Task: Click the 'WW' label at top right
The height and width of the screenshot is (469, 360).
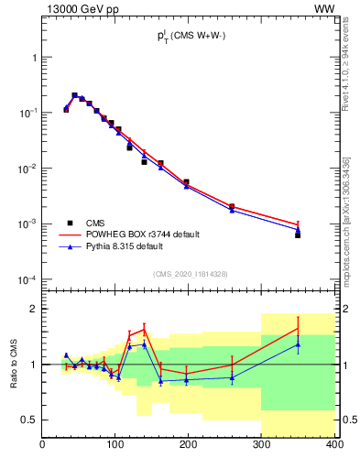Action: [x=325, y=8]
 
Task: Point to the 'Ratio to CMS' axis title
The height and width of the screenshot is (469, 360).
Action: [x=15, y=363]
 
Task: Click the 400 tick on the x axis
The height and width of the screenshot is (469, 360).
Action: [x=334, y=446]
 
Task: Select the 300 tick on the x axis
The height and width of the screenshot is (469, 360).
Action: [x=262, y=446]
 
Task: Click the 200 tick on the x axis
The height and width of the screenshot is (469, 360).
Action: [x=189, y=446]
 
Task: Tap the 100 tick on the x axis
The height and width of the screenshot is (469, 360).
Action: [x=115, y=446]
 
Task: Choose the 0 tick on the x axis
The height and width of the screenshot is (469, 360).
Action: [x=43, y=446]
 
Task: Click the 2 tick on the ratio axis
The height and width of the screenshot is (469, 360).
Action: [x=34, y=309]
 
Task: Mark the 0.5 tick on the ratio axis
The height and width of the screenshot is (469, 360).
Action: [x=31, y=420]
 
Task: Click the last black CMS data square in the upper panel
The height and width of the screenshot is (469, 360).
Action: [x=298, y=235]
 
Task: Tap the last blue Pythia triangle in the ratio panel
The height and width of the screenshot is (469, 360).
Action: [x=298, y=344]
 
